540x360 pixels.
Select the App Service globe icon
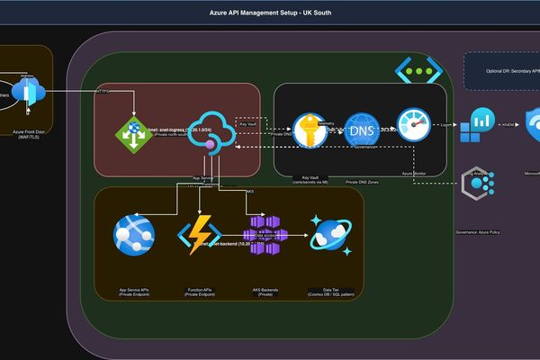[x=133, y=235]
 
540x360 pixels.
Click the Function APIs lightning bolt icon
[x=195, y=235]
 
